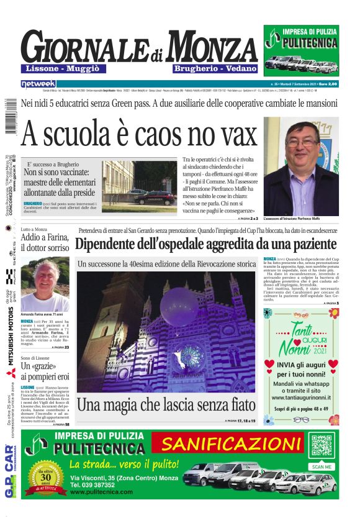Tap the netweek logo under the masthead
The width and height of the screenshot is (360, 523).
click(38, 83)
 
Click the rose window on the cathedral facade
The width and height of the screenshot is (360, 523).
click(191, 357)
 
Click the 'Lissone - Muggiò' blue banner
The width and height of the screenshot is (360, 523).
click(64, 68)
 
